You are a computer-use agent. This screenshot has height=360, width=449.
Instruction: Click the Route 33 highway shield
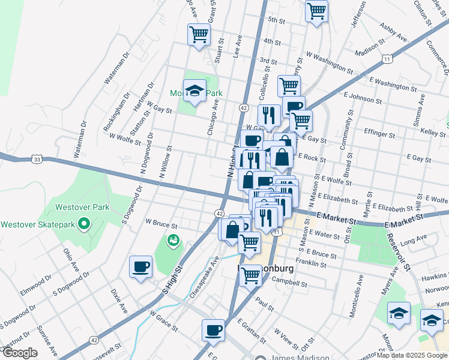pos(37,160)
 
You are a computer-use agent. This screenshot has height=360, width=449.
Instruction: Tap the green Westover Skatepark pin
pos(84,225)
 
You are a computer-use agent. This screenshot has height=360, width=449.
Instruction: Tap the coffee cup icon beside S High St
pos(141,266)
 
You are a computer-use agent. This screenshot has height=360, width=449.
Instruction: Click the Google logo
pos(19,353)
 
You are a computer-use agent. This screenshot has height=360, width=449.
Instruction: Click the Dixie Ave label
pos(119,301)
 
